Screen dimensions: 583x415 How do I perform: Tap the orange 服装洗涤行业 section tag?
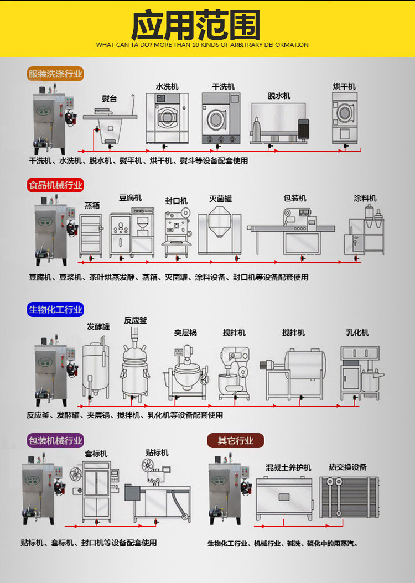pyautogui.click(x=55, y=74)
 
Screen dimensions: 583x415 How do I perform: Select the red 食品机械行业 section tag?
pyautogui.click(x=55, y=185)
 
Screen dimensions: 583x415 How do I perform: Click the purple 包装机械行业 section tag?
pyautogui.click(x=55, y=440)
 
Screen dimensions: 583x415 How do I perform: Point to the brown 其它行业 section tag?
pyautogui.click(x=235, y=440)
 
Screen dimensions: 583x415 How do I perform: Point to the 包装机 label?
pyautogui.click(x=294, y=198)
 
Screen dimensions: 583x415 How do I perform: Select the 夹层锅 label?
pyautogui.click(x=185, y=332)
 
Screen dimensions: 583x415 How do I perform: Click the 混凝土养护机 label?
pyautogui.click(x=288, y=467)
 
